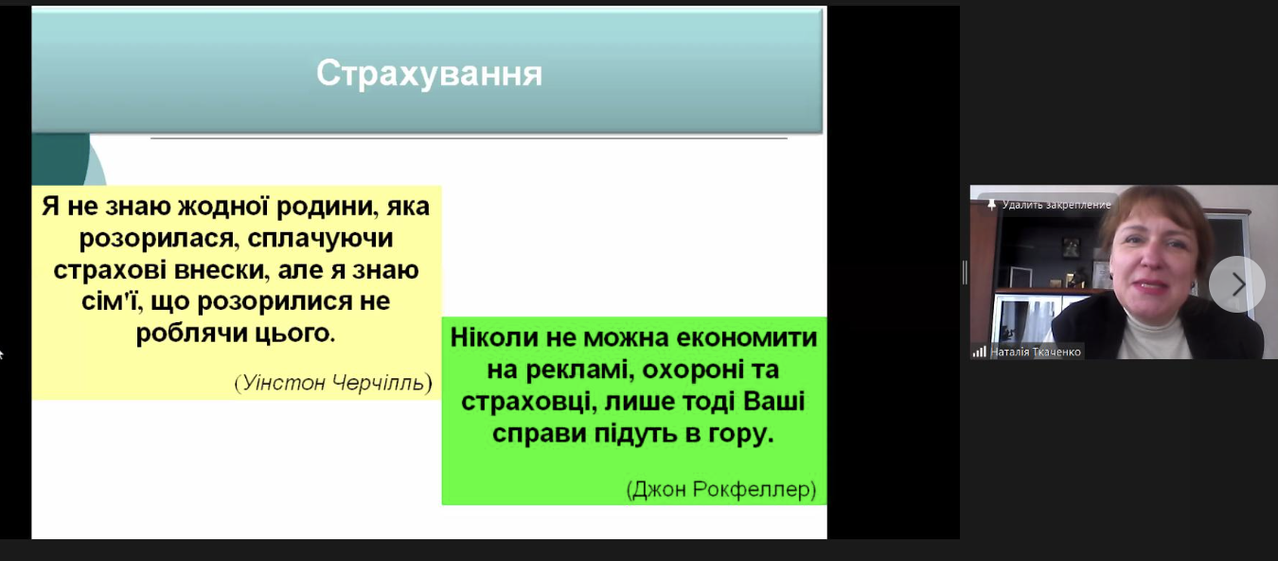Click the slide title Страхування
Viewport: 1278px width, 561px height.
click(429, 74)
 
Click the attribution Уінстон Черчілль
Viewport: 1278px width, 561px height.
click(333, 383)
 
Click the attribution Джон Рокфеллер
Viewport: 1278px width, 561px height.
click(721, 490)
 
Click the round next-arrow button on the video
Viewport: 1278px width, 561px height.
click(1236, 284)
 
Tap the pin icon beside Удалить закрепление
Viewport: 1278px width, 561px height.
click(991, 204)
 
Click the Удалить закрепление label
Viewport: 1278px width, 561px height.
click(1056, 205)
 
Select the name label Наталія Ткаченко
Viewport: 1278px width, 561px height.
click(1035, 352)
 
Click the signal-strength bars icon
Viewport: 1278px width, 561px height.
click(979, 352)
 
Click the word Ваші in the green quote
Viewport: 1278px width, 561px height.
click(773, 402)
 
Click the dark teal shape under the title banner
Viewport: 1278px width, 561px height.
click(60, 159)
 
